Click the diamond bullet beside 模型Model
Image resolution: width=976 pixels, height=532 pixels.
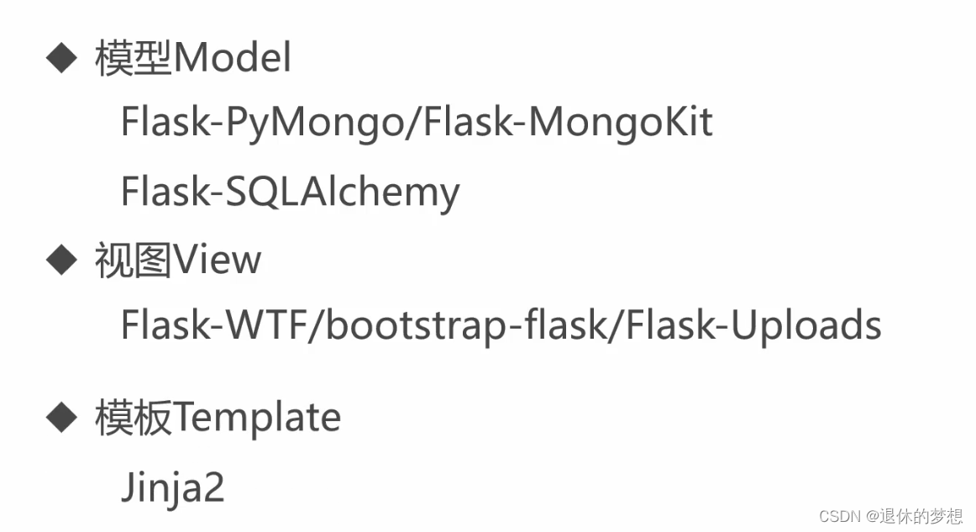click(x=60, y=60)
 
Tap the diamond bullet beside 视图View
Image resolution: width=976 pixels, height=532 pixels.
click(x=60, y=261)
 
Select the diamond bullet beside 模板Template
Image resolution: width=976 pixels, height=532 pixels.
click(x=60, y=417)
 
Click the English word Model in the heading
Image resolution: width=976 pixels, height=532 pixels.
click(x=233, y=60)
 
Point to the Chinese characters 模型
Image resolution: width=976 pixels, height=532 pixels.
click(x=134, y=60)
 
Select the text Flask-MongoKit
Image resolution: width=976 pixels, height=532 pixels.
click(x=569, y=124)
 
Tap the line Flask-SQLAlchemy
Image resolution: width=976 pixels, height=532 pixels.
click(x=290, y=192)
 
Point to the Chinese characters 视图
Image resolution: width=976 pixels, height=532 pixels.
click(x=134, y=261)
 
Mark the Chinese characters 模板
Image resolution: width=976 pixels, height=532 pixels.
click(x=134, y=417)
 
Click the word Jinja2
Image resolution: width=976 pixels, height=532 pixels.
click(x=173, y=487)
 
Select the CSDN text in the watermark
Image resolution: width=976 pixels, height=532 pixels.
click(x=837, y=516)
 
